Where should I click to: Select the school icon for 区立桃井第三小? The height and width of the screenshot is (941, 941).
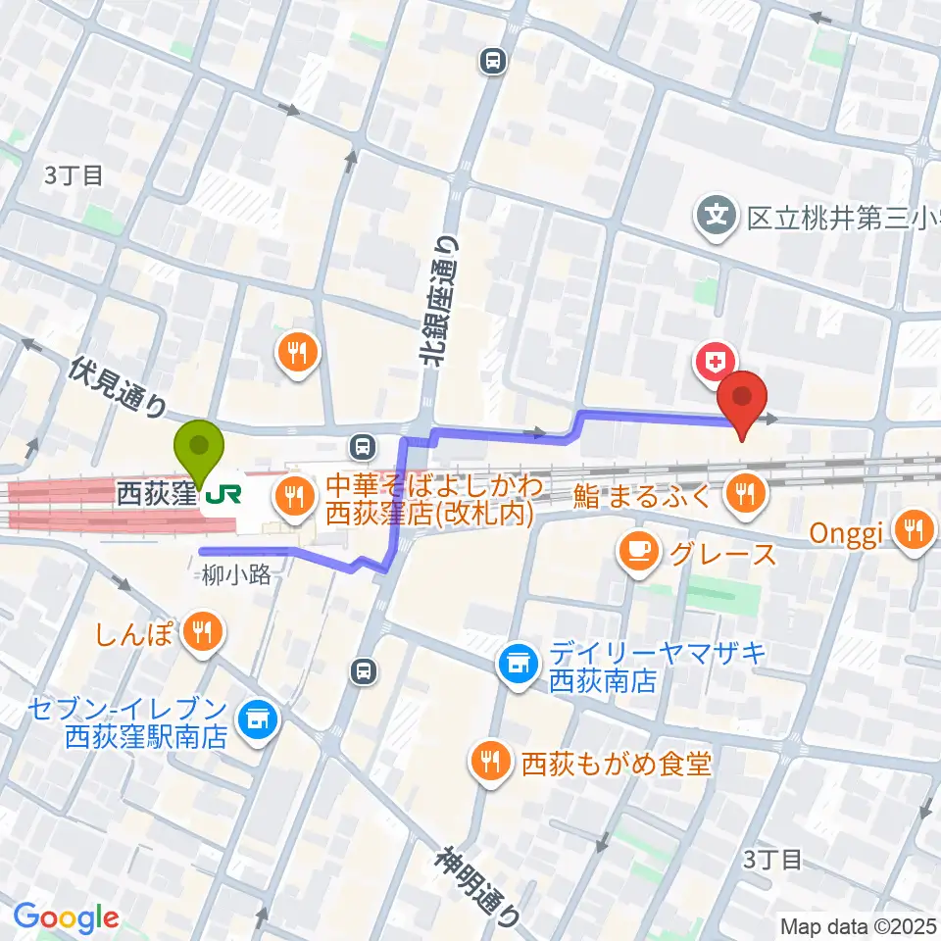[x=718, y=211]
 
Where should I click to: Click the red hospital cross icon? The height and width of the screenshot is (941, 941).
[x=713, y=362]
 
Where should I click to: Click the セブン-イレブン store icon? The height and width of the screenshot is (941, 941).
[x=260, y=720]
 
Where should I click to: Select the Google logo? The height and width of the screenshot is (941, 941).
[x=66, y=918]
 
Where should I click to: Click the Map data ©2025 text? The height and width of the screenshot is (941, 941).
[x=857, y=925]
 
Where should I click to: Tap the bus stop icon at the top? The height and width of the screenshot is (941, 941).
[x=492, y=62]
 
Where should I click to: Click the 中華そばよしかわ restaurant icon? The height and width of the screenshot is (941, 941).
[x=294, y=493]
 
